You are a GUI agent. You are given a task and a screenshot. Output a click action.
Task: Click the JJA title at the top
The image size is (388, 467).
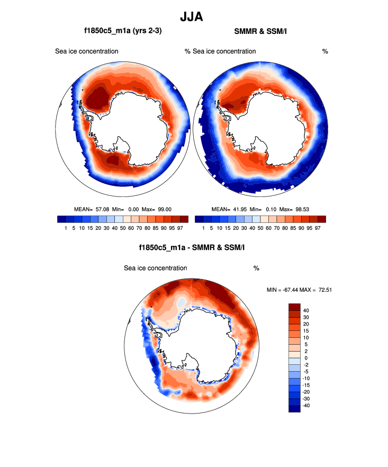[191, 17]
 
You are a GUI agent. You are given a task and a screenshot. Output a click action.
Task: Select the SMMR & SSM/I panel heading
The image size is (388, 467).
[260, 32]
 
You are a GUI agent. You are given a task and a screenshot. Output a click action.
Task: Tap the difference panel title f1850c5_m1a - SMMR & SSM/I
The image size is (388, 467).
[191, 247]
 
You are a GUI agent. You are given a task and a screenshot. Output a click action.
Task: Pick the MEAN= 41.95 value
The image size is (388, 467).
[230, 209]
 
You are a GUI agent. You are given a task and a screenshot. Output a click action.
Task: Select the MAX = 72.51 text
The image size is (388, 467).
[319, 290]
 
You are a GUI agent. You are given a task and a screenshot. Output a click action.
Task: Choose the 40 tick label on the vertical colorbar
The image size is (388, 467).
[306, 310]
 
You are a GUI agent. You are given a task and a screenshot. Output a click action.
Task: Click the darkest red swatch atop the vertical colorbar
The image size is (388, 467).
[294, 307]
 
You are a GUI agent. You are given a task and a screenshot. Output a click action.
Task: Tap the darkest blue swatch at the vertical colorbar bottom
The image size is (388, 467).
[294, 408]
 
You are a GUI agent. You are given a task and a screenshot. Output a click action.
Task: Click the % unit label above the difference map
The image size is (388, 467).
[256, 268]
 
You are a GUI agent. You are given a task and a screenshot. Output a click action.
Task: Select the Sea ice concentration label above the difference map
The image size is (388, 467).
[155, 268]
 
